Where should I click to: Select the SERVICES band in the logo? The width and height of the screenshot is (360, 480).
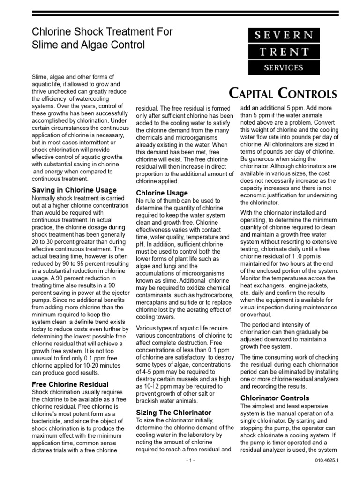(283, 67)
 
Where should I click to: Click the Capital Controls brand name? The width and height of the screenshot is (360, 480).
(283, 93)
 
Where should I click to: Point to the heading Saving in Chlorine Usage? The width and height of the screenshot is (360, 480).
(74, 190)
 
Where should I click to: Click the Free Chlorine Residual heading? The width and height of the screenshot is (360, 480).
(70, 384)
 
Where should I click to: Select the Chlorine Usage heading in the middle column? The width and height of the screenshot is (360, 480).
(162, 193)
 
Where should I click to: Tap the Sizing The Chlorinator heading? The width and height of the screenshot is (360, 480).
(173, 412)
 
